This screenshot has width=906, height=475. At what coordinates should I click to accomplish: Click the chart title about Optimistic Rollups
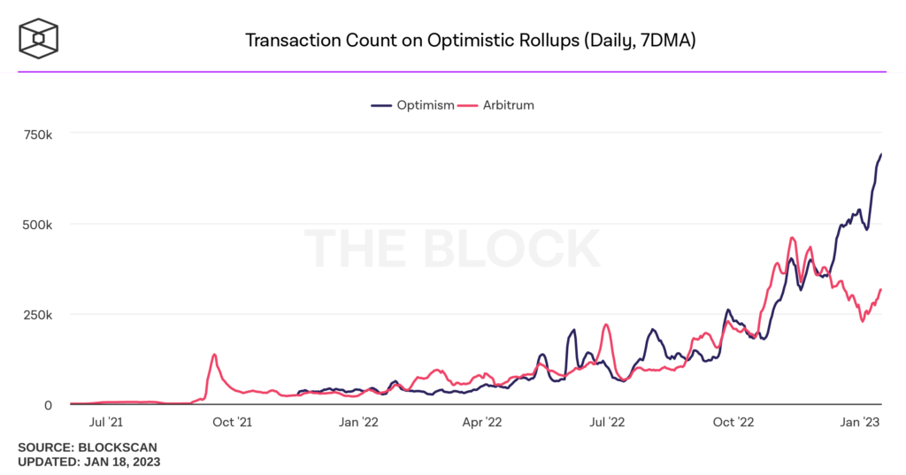pos(470,41)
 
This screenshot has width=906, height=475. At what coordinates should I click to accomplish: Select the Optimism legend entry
pos(412,104)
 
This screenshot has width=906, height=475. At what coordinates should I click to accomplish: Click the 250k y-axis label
pos(37,314)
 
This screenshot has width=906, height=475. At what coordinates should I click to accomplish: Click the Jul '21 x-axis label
pos(107,422)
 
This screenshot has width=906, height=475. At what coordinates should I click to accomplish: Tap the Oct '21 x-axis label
pos(233,422)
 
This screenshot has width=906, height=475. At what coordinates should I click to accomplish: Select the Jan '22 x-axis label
pos(359,422)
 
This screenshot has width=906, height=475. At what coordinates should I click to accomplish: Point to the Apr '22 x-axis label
pos(482,422)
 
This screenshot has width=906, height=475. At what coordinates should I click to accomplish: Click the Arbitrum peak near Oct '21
pos(214,355)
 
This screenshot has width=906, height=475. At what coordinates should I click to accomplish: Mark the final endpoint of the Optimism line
pos(881,154)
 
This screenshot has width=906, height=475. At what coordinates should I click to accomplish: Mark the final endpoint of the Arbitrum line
pos(881,289)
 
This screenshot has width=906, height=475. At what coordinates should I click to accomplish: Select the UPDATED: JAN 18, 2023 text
pos(88,462)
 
